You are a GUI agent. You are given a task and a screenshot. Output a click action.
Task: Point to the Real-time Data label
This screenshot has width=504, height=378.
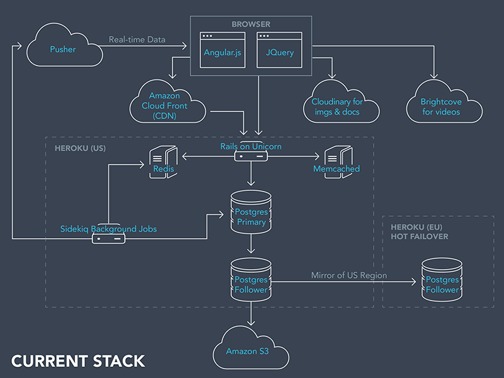(137, 40)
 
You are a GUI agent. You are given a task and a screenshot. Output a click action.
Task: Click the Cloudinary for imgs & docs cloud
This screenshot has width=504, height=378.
(345, 104)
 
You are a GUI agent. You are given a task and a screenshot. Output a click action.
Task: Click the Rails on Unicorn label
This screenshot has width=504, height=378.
(250, 147)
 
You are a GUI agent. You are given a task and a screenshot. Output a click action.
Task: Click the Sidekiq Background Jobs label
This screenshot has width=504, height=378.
(108, 229)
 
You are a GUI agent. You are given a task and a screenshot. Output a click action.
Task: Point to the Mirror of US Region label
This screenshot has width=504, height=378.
(348, 275)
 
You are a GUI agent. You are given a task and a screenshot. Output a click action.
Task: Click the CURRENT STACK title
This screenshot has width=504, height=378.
(78, 362)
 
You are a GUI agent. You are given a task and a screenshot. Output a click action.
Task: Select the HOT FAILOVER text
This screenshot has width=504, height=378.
(420, 236)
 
